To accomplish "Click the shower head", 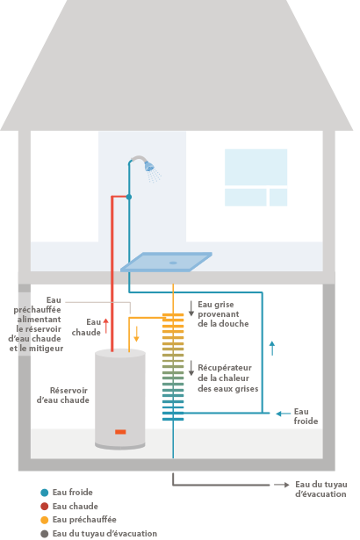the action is [x=149, y=166].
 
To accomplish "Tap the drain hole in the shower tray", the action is [x=173, y=263].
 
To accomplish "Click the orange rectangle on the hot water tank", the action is [x=120, y=431].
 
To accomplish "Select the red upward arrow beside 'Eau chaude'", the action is [x=106, y=326].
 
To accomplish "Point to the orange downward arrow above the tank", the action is [x=136, y=334].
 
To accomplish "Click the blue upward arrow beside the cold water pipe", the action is [x=272, y=349].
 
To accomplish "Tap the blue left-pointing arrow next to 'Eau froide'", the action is [x=284, y=414].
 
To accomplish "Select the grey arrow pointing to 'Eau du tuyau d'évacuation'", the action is [x=282, y=485].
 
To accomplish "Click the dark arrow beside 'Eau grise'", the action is [x=191, y=308].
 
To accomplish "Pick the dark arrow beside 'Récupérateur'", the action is [x=191, y=368].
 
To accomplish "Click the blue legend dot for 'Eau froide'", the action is [x=45, y=493].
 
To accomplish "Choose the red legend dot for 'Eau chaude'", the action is [x=45, y=507].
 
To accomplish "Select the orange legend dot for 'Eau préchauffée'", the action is [x=45, y=520].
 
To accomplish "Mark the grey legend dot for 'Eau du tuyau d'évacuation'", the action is [x=45, y=534].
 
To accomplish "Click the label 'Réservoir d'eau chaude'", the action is [x=63, y=395].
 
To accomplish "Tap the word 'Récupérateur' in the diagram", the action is [x=225, y=368].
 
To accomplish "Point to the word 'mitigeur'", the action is [x=47, y=349].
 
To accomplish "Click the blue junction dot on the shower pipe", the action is [x=129, y=197].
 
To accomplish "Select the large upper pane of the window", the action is [x=256, y=168].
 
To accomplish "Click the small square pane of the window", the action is [x=278, y=198].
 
